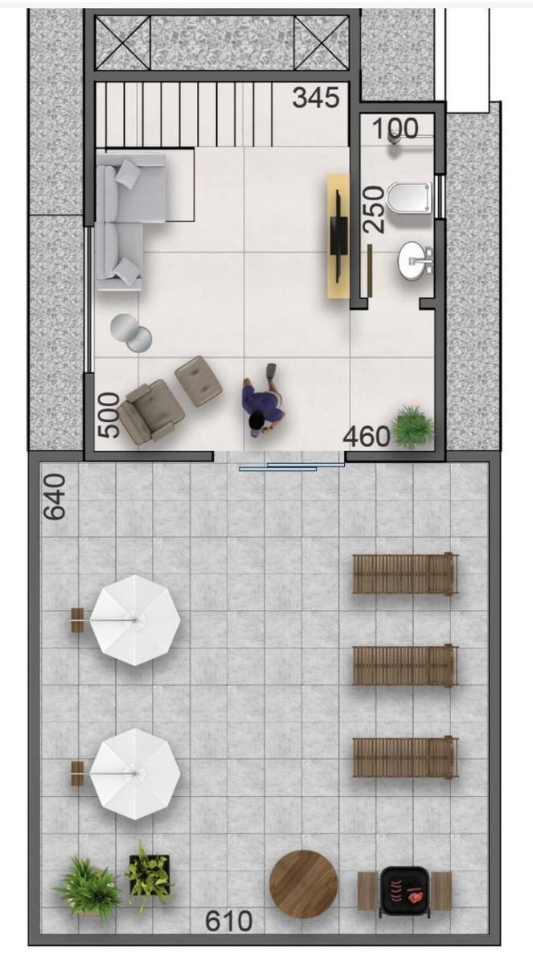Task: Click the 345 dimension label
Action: click(317, 98)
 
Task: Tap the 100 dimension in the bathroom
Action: click(396, 128)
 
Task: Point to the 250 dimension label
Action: click(373, 210)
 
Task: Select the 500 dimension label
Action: click(108, 415)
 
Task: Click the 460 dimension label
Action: click(367, 437)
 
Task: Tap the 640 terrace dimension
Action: click(55, 497)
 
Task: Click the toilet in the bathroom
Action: click(409, 198)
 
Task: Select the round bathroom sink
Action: click(415, 261)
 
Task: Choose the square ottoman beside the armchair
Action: click(199, 381)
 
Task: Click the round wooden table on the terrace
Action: click(304, 884)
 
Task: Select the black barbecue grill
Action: click(404, 891)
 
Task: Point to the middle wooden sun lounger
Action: click(404, 666)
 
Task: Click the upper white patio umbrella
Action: click(135, 620)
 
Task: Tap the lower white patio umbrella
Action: click(135, 774)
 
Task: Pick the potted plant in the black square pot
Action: click(149, 877)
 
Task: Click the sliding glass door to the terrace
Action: click(292, 466)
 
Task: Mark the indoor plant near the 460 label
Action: click(412, 425)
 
